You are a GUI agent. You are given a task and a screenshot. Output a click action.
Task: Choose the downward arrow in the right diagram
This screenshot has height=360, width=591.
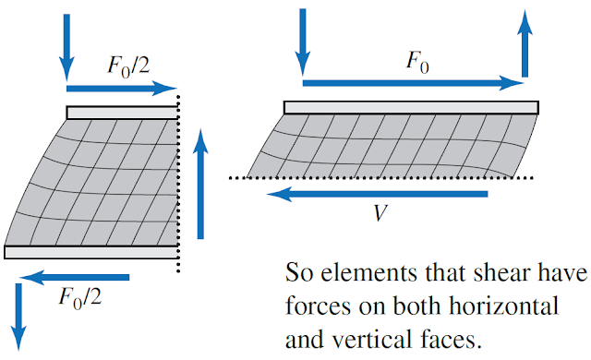point(303,42)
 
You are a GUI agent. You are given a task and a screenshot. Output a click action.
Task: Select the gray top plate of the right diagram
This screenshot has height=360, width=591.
point(410,107)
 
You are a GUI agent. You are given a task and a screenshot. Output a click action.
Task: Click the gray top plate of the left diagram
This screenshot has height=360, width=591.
point(121,113)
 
